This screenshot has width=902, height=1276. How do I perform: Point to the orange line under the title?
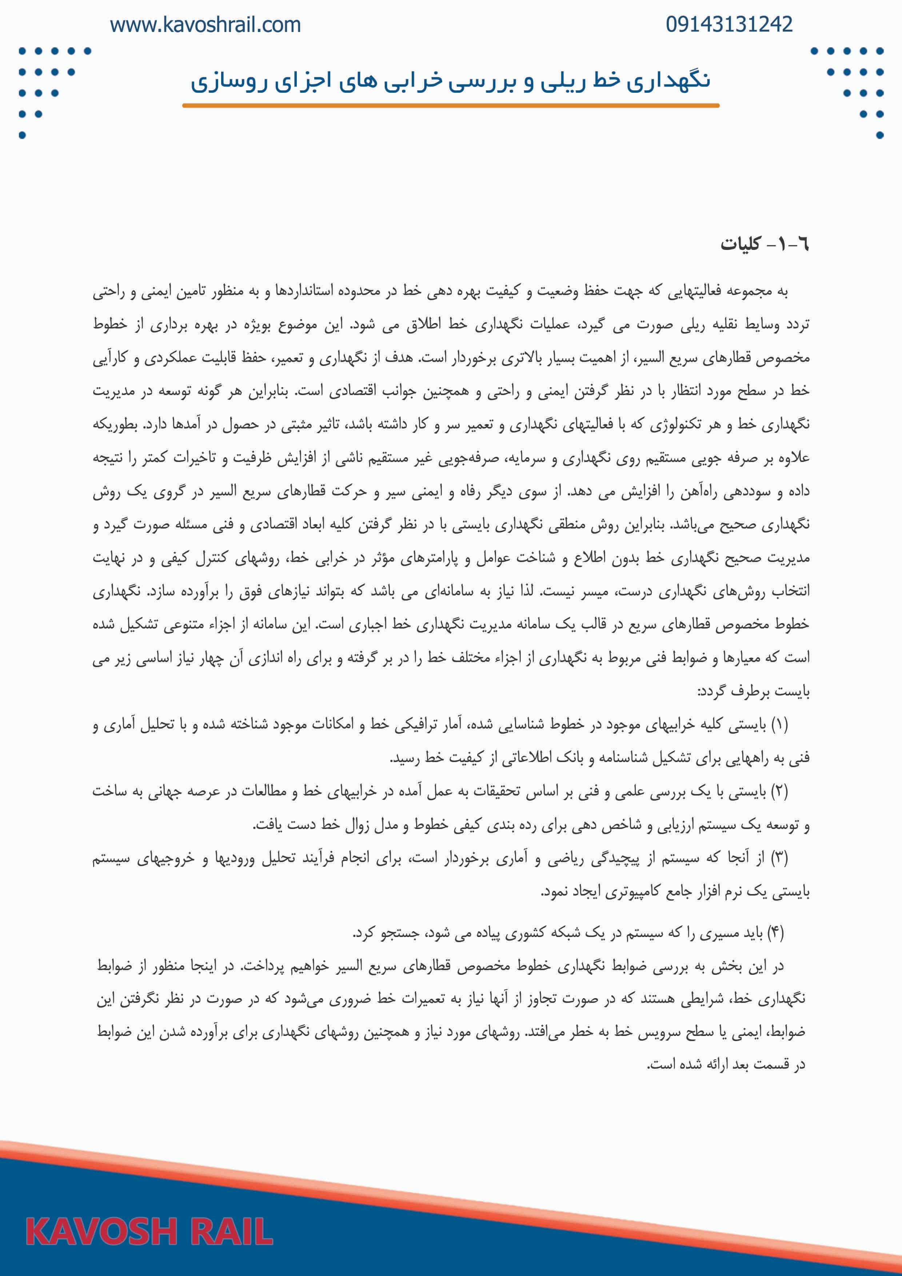450,105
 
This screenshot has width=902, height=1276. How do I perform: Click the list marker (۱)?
779,725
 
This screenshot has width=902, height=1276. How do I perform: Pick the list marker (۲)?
779,791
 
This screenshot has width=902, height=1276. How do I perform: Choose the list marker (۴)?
775,933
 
